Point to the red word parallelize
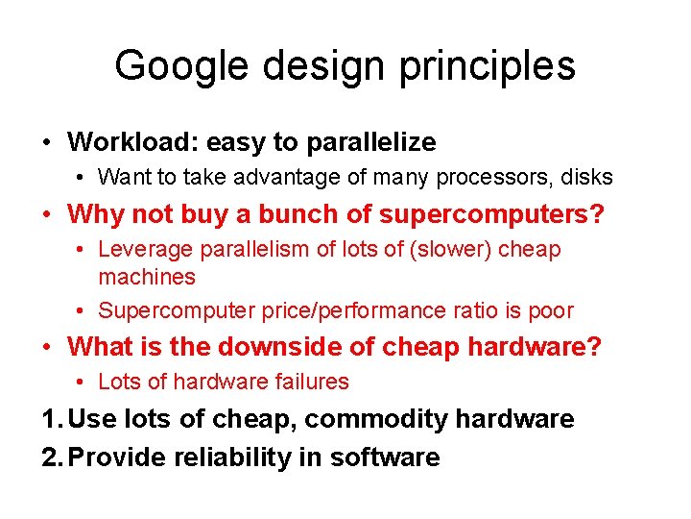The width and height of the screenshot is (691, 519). click(x=371, y=142)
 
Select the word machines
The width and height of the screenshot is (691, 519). click(x=147, y=277)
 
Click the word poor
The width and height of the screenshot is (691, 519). click(x=550, y=310)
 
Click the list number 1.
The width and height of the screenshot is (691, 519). click(x=51, y=419)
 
